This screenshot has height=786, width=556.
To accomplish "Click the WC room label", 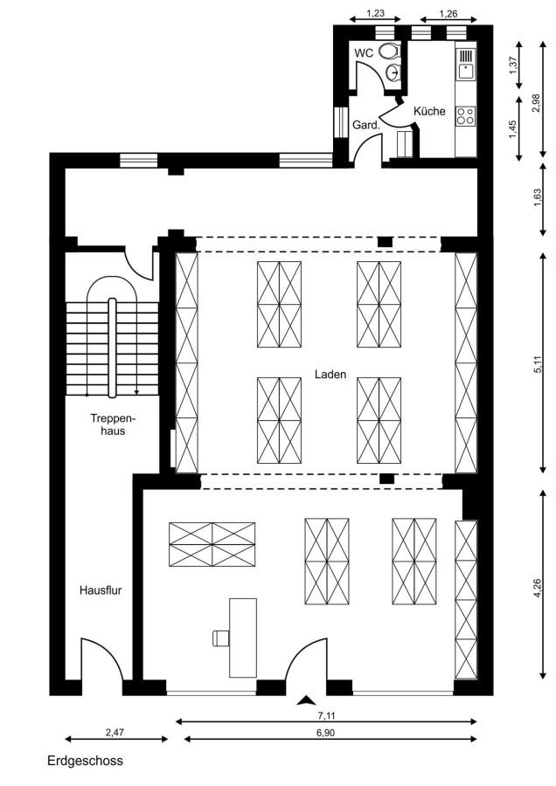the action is pos(364,52).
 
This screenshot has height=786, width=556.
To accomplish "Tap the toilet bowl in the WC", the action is pos(389,51).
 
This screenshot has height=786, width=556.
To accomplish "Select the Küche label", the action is pos(429,111).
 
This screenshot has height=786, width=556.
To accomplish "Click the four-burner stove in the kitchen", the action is pos(465,116).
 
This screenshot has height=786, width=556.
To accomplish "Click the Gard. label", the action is pos(366,125).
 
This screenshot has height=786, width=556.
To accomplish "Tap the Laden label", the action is pos(330,375).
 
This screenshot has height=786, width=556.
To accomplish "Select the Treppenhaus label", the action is pos(113,424).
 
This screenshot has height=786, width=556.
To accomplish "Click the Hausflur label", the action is pos(101,590).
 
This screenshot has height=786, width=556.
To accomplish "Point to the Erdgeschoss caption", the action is pos(85,761).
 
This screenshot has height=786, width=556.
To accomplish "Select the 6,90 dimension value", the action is pos(326,733).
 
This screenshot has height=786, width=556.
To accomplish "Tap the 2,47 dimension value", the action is pos(115,732).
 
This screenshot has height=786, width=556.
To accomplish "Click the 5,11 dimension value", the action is pos(538,363).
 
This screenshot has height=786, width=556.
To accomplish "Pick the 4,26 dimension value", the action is pos(538,588).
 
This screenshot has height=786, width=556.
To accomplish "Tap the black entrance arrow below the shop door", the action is pos(307,700).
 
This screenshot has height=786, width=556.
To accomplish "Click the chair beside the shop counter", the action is pos(220,638).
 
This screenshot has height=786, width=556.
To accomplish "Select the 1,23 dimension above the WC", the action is pos(375,13).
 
